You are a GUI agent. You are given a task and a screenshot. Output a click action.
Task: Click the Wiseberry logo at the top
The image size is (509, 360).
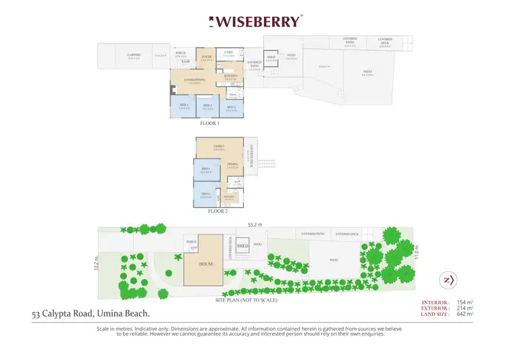pyautogui.click(x=254, y=21)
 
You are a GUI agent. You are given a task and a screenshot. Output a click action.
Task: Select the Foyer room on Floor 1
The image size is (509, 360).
pyautogui.click(x=206, y=58)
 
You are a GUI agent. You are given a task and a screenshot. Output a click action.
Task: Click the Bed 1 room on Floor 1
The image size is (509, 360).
pyautogui.click(x=183, y=107)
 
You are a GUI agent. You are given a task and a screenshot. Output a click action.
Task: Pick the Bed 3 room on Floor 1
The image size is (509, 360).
pyautogui.click(x=231, y=107)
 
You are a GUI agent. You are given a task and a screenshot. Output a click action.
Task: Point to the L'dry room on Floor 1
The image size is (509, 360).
pyautogui.click(x=229, y=54)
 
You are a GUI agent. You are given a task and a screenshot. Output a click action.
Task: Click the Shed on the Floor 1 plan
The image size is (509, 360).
pyautogui.click(x=271, y=58)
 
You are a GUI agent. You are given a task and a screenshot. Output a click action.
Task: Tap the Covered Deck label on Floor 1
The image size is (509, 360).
pyautogui.click(x=385, y=41)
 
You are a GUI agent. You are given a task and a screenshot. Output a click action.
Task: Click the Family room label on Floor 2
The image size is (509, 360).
pyautogui.click(x=219, y=147)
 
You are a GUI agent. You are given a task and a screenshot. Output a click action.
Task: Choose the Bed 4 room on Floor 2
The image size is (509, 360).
pyautogui.click(x=206, y=170)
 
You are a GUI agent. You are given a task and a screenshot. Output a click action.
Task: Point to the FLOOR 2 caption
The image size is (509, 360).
pyautogui.click(x=218, y=211)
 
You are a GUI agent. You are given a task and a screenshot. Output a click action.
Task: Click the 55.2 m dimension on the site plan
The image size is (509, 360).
pyautogui.click(x=254, y=223)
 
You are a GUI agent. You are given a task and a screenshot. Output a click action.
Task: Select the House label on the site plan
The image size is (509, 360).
pyautogui.click(x=206, y=263)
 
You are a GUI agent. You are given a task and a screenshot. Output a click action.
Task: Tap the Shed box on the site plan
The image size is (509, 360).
pyautogui.click(x=243, y=246)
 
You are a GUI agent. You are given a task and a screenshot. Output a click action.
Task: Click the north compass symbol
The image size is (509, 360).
pyautogui.click(x=448, y=280)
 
